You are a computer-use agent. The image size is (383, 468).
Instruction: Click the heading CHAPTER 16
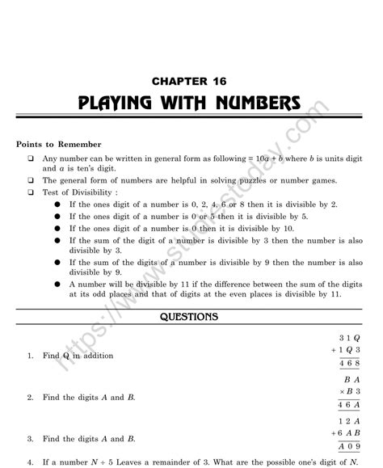pos(191,81)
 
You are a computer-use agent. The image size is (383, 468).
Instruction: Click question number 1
pos(29,356)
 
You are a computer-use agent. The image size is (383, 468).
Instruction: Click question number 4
pos(29,462)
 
